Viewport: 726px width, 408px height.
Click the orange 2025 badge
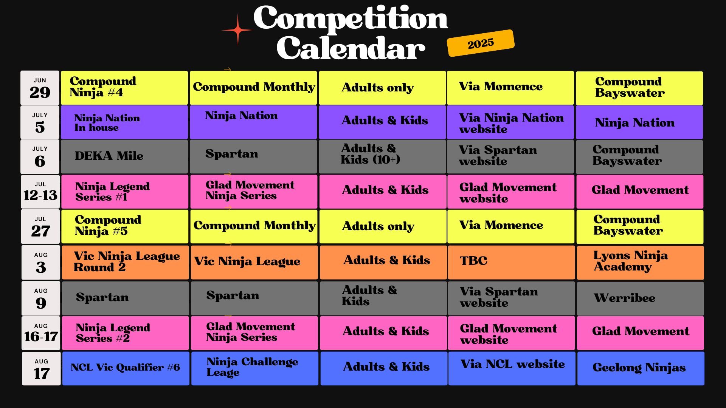481,43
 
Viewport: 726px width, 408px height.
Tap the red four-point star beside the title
237,30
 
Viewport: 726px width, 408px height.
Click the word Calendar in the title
351,48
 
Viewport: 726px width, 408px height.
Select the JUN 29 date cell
40,88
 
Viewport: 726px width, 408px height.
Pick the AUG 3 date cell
41,262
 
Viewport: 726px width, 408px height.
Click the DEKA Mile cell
124,157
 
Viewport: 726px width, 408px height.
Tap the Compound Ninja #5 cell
125,226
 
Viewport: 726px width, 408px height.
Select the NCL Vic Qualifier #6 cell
126,368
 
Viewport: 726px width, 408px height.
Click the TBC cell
511,263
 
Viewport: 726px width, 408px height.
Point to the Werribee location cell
641,298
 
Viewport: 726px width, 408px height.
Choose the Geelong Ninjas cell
641,368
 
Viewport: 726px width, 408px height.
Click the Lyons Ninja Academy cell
641,263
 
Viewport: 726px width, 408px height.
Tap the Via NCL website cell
512,368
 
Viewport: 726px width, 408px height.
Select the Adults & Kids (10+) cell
382,157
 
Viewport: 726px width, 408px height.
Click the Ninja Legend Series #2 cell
125,333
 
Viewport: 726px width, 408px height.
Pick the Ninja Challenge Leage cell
254,368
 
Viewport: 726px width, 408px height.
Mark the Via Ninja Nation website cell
510,122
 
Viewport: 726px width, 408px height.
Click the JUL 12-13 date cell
40,192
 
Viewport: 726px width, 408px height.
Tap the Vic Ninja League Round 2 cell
125,263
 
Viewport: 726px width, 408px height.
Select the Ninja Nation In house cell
124,122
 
